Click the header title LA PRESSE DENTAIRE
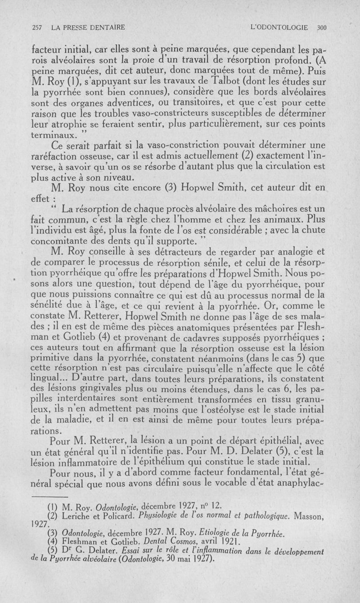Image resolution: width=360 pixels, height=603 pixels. (88, 27)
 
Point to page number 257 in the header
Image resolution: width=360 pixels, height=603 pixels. (38, 27)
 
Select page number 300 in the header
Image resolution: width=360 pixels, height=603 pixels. (321, 27)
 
